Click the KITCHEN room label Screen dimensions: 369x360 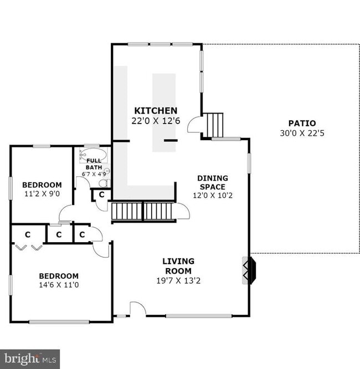click(x=156, y=111)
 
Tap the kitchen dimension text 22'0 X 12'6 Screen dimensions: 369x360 click(x=156, y=120)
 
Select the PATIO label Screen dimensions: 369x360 click(x=302, y=123)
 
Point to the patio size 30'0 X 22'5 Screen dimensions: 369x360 click(x=302, y=133)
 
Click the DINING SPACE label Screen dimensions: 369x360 click(x=213, y=182)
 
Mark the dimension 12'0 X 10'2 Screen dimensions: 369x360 click(x=213, y=196)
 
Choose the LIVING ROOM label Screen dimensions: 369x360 click(x=178, y=266)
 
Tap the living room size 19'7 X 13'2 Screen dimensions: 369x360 click(x=178, y=280)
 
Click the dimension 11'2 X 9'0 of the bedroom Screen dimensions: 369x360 click(x=42, y=194)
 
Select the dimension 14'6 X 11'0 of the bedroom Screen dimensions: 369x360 click(x=59, y=285)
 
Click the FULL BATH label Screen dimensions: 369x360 click(x=94, y=164)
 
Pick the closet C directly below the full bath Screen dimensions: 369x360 click(x=101, y=194)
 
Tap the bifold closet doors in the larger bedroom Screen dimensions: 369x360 click(x=28, y=247)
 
